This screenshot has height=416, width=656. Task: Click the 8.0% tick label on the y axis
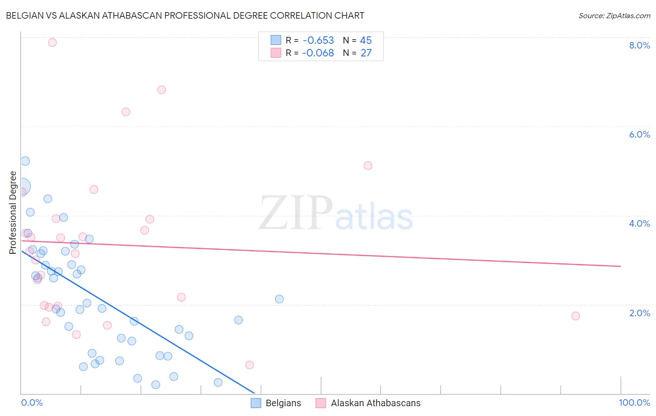[639, 45]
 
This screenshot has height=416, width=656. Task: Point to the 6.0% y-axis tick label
[639, 134]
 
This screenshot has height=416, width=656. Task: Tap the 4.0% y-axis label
[639, 223]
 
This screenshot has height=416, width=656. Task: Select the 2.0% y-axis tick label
[639, 313]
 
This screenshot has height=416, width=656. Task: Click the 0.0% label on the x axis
[32, 402]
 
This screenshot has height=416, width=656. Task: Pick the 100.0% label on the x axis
[634, 402]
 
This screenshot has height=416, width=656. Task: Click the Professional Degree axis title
[13, 213]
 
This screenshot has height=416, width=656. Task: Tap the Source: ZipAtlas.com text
[614, 15]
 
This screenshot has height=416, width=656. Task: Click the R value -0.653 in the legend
[318, 40]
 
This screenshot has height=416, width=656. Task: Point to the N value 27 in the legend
[366, 53]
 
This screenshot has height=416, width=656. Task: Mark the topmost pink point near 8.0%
[52, 42]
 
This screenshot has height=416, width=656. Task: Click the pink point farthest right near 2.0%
[575, 316]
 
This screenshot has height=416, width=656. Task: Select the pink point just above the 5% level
[368, 166]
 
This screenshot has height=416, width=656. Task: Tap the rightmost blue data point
[279, 299]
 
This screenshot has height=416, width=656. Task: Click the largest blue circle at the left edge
[21, 187]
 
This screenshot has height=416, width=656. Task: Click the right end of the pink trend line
[621, 266]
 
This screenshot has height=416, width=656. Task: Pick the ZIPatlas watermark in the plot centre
[336, 214]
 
